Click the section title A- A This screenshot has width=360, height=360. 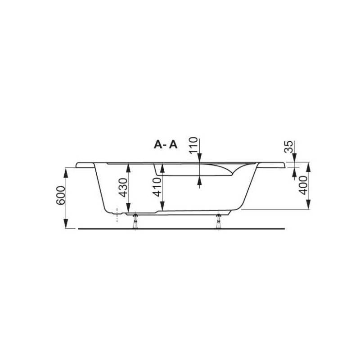pyautogui.click(x=166, y=144)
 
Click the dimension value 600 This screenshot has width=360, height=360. pyautogui.click(x=61, y=195)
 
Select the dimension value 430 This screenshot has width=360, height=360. pyautogui.click(x=123, y=188)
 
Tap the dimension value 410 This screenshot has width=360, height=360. pyautogui.click(x=157, y=187)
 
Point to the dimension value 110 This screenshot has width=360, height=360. pyautogui.click(x=193, y=145)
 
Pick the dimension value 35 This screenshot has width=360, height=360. pyautogui.click(x=288, y=147)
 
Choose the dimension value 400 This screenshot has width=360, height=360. pyautogui.click(x=303, y=185)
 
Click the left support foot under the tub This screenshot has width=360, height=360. pyautogui.click(x=135, y=221)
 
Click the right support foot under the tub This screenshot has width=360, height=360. pyautogui.click(x=219, y=221)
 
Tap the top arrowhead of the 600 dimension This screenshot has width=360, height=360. pyautogui.click(x=66, y=172)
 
